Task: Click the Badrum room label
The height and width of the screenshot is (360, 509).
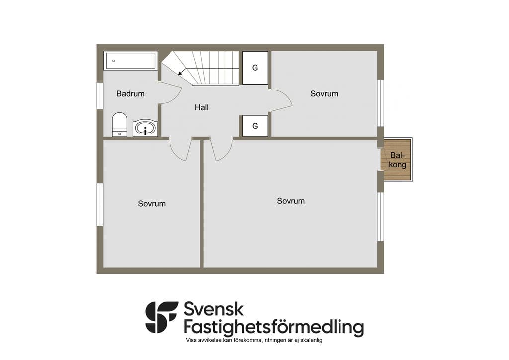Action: (130, 94)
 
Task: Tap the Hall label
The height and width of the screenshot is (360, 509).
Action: (202, 107)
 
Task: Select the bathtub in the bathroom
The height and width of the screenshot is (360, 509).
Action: (131, 61)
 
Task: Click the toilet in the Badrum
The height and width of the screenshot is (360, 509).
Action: (119, 124)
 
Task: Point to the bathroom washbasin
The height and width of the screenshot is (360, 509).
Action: (145, 128)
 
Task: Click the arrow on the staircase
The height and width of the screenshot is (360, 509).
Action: (182, 71)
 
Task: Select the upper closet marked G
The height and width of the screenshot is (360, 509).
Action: (255, 68)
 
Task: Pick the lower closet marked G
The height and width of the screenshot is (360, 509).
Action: (255, 126)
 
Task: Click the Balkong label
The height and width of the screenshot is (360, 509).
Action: (397, 160)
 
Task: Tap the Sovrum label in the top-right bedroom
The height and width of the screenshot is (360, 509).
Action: (324, 94)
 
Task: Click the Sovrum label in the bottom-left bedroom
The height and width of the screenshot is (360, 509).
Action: (152, 204)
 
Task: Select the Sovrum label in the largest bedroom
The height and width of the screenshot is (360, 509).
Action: (291, 201)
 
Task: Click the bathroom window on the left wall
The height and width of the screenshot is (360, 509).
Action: (100, 96)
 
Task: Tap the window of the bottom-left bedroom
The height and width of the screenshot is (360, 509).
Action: (100, 205)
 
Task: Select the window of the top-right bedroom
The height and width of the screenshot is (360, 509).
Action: (380, 103)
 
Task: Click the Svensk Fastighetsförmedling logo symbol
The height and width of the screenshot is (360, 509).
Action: (162, 317)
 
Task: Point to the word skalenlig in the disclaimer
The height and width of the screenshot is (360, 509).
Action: (312, 340)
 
